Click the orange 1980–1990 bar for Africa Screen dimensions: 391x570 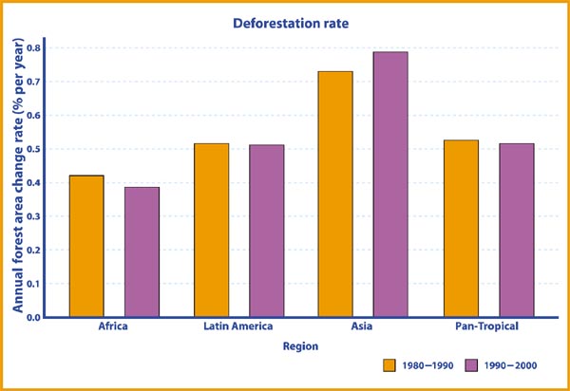click(x=86, y=246)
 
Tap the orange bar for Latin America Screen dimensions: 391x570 click(x=211, y=230)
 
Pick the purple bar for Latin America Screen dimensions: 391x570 click(x=267, y=231)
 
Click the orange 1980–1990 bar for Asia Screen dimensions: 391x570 click(x=335, y=194)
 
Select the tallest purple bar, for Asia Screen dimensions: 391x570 click(x=390, y=184)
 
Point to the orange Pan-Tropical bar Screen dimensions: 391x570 click(x=461, y=228)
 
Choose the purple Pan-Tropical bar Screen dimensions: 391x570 click(x=516, y=230)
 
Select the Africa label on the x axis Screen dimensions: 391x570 click(x=114, y=327)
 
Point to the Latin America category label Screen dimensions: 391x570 click(x=238, y=327)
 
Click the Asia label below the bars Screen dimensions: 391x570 click(x=363, y=327)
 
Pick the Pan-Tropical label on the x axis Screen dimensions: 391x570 click(x=487, y=327)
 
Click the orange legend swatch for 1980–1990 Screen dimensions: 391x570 click(x=389, y=365)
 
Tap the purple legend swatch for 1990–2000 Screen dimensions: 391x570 click(x=471, y=365)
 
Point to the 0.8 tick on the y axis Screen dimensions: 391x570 click(x=35, y=47)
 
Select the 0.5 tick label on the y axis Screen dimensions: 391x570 click(x=35, y=149)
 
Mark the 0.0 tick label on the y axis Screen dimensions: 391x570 click(x=35, y=317)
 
